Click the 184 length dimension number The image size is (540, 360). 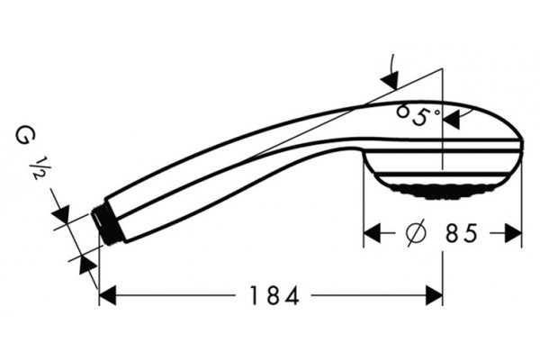274,295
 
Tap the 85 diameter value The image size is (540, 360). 462,234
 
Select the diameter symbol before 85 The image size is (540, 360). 416,233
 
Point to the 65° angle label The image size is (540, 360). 418,115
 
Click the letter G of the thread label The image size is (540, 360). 25,137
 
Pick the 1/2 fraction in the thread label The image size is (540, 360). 40,168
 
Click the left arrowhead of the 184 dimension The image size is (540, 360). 107,295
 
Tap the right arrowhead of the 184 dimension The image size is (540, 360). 434,295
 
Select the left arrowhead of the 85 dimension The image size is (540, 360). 373,233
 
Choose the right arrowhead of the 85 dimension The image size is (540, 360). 513,233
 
